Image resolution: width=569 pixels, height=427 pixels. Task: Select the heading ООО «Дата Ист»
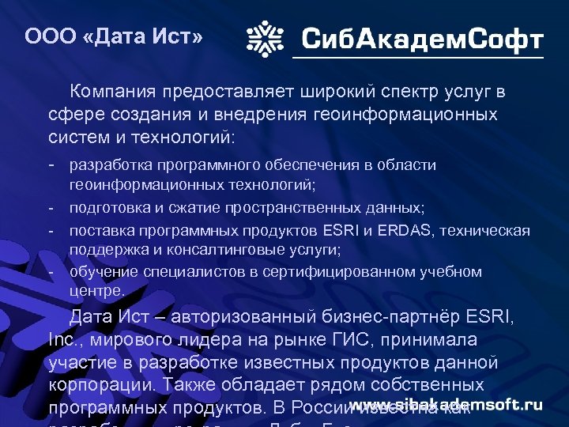114,36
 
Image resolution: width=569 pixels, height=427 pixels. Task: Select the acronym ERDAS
408,230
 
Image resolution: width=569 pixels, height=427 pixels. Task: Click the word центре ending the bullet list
96,291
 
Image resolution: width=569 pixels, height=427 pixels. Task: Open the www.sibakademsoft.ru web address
447,404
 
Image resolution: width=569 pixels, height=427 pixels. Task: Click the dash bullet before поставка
50,230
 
